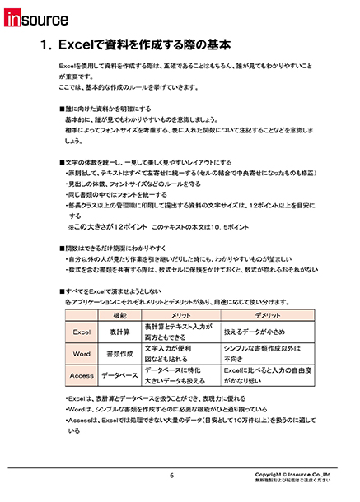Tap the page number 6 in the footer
click(171, 476)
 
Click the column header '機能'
click(119, 315)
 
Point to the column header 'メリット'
click(175, 315)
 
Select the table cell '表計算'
click(119, 332)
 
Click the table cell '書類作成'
click(119, 354)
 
